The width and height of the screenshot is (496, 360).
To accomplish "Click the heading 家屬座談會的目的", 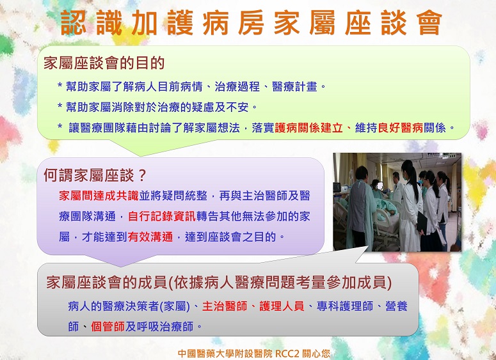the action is pyautogui.click(x=104, y=63).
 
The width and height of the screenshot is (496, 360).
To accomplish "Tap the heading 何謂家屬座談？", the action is pyautogui.click(x=95, y=175).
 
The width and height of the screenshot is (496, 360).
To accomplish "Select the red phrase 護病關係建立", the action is pyautogui.click(x=308, y=128).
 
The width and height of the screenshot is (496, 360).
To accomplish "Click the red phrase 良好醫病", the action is pyautogui.click(x=401, y=128).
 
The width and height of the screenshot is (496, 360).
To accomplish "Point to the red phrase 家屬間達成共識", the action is pyautogui.click(x=99, y=196).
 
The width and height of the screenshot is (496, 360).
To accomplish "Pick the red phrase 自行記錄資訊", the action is pyautogui.click(x=162, y=216).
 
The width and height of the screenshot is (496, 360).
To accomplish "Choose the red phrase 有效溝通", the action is pyautogui.click(x=150, y=237).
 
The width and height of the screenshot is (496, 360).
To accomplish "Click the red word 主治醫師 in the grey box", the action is pyautogui.click(x=225, y=306).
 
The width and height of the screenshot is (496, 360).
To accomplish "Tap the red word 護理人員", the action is pyautogui.click(x=282, y=306).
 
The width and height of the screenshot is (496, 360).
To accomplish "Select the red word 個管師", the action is pyautogui.click(x=108, y=326).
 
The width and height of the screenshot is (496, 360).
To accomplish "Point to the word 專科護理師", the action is pyautogui.click(x=345, y=306).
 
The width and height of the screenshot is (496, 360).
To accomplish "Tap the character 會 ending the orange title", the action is pyautogui.click(x=429, y=22).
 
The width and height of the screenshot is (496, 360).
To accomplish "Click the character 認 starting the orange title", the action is pyautogui.click(x=73, y=22).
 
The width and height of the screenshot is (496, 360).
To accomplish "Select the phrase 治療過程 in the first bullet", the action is pyautogui.click(x=237, y=86).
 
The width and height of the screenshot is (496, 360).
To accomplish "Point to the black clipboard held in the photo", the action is pyautogui.click(x=422, y=223).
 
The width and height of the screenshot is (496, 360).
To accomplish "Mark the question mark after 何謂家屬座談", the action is pyautogui.click(x=142, y=175).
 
